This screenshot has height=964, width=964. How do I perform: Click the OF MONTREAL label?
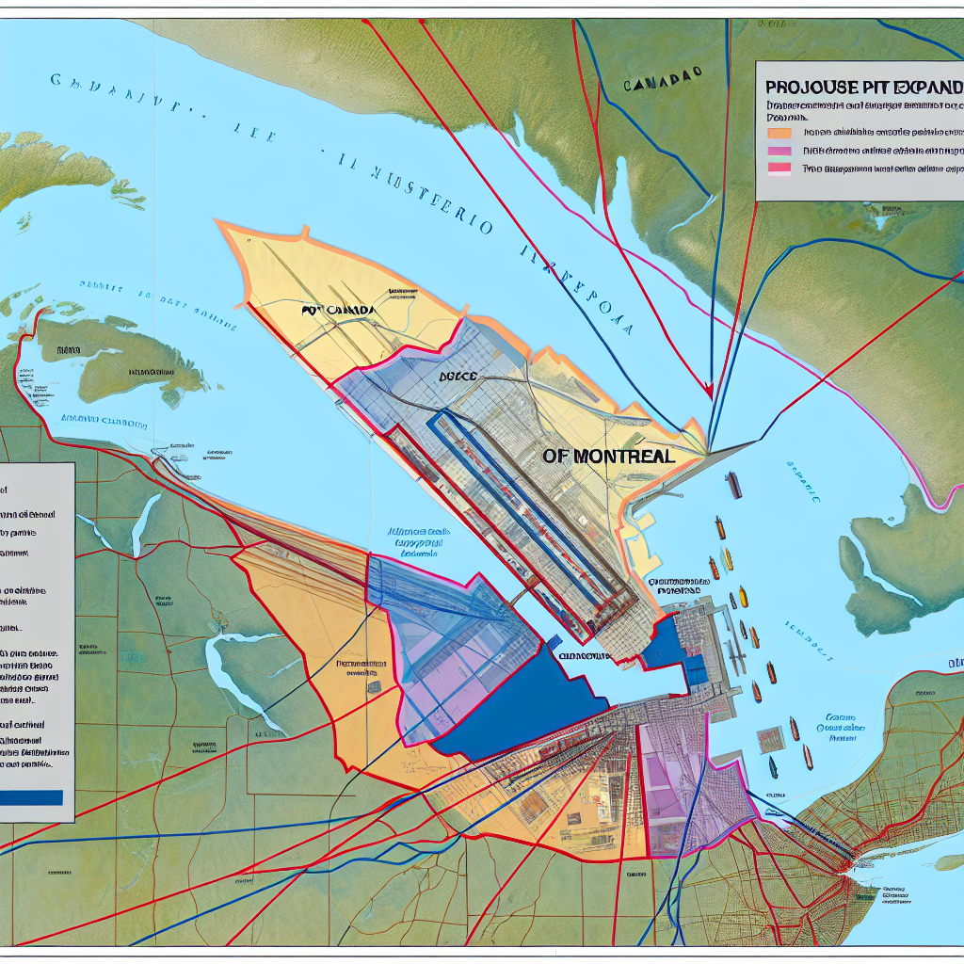coord(609,456)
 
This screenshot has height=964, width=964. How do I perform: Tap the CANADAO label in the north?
coord(664,83)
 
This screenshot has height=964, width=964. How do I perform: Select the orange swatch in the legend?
coord(780,132)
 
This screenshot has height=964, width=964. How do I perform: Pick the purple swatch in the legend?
coord(780,151)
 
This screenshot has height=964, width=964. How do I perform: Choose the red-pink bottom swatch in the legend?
coord(780,169)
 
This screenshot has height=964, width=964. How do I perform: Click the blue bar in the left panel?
coord(32,797)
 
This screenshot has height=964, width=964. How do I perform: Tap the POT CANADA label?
coord(339,309)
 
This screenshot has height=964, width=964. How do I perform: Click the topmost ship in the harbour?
coord(733,485)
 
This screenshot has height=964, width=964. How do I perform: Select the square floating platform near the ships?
coord(769,736)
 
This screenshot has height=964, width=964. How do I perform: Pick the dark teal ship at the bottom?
coord(773,767)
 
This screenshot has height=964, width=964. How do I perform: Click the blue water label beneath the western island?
coord(104,422)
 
